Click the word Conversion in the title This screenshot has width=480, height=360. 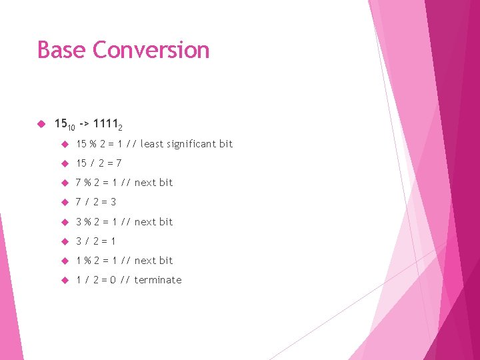pos(151,50)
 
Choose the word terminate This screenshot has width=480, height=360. pos(158,280)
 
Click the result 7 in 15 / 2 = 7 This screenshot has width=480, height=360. pos(119,163)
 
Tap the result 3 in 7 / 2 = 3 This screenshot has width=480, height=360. pos(113,202)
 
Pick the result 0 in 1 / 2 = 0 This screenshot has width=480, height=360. pos(113,280)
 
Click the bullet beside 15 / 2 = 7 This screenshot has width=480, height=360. pos(65,163)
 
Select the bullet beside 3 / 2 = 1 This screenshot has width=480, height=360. pos(65,241)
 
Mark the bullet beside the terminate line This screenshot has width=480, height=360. pos(65,280)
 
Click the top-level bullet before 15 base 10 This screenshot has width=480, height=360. pos(41,123)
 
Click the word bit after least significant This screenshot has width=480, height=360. pos(226,143)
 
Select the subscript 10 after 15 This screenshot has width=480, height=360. pos(71,127)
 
